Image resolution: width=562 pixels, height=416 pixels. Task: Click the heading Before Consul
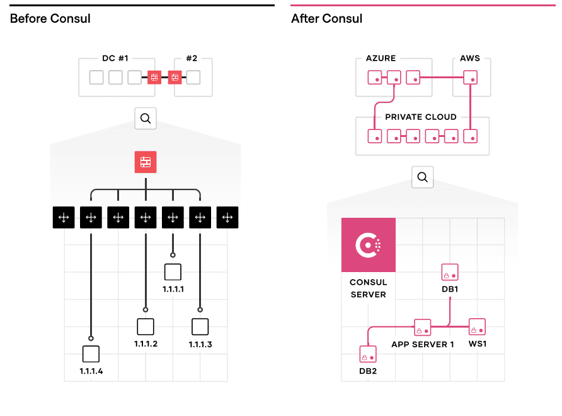(x=50, y=19)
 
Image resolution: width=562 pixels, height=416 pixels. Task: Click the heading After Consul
(x=326, y=19)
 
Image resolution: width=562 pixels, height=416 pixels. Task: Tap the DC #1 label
(x=115, y=59)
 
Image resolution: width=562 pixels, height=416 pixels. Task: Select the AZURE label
(x=381, y=59)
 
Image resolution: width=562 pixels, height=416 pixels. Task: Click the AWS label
(x=470, y=59)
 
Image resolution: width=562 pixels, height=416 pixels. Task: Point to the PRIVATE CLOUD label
(x=421, y=117)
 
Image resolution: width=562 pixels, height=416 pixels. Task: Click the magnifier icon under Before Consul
(x=146, y=118)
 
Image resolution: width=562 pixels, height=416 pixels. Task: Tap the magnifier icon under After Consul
(x=422, y=177)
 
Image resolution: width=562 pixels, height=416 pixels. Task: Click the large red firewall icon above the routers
(x=146, y=162)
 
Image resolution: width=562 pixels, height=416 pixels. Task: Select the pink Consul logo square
(x=369, y=245)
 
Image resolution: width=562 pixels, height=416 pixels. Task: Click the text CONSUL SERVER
(x=369, y=288)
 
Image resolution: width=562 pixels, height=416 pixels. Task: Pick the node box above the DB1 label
(x=450, y=272)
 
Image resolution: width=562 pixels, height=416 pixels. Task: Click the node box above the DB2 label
(x=368, y=354)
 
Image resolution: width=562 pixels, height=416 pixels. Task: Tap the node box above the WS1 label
(x=477, y=327)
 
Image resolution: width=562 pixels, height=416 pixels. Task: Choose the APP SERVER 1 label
(x=422, y=345)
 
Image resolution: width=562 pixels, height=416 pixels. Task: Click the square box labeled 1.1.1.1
(x=173, y=272)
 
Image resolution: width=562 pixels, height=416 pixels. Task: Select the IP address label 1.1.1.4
(x=91, y=371)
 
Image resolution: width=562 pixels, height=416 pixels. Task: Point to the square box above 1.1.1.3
(x=200, y=326)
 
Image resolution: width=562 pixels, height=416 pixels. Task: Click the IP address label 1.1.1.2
(x=146, y=343)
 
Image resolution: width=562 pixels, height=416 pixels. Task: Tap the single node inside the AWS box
(x=470, y=78)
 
